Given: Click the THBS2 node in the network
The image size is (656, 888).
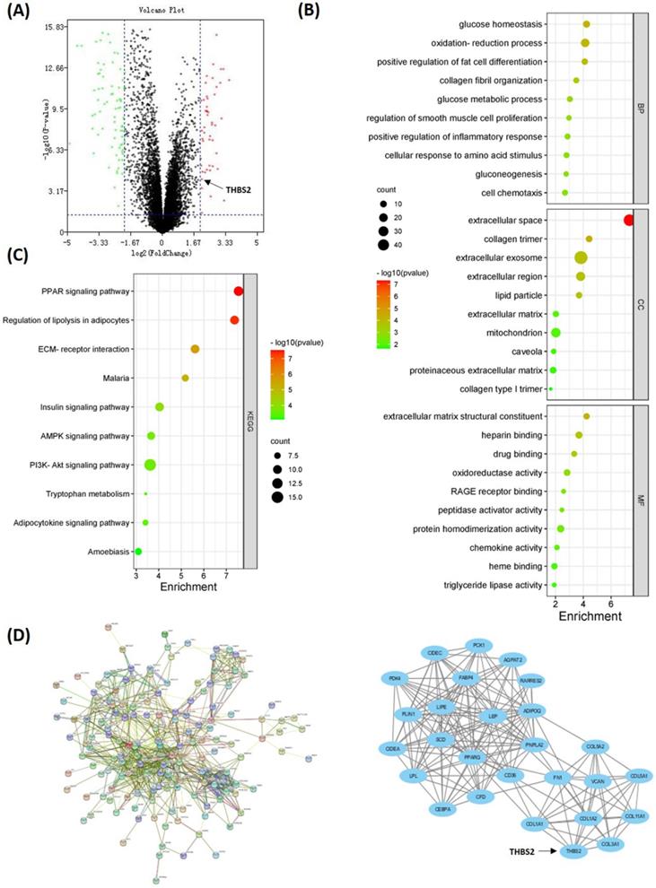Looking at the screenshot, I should [573, 851].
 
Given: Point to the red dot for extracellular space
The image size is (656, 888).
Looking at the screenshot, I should [628, 221].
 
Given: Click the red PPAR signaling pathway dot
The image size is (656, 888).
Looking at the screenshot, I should [239, 291].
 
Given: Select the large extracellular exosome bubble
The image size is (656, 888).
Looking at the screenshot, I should [581, 257].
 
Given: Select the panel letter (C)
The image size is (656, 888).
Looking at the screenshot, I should [18, 254].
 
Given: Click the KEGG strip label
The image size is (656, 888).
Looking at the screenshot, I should [250, 418].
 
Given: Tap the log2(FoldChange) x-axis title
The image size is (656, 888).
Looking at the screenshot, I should [161, 255].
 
